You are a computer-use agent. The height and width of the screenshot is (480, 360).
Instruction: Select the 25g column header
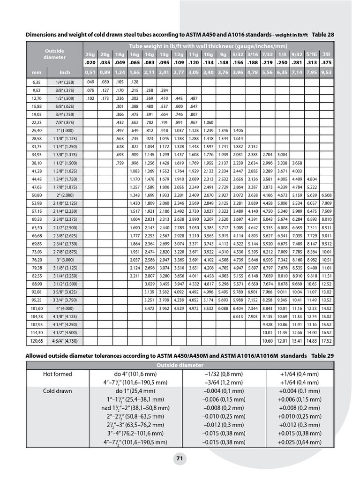(90, 54)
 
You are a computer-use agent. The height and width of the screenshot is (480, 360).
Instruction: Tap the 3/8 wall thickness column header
(327, 54)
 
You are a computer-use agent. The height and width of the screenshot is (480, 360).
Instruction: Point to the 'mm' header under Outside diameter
(37, 73)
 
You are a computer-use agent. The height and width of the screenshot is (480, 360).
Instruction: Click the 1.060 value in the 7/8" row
(209, 122)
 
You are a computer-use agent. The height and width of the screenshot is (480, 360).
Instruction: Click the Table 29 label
(322, 356)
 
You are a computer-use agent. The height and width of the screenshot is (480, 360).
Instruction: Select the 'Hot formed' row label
(58, 374)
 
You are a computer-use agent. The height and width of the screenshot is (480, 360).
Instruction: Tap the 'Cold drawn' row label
(58, 391)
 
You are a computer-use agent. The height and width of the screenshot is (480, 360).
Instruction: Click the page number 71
(180, 459)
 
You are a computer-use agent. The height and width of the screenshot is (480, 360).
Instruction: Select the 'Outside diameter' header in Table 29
(180, 365)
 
